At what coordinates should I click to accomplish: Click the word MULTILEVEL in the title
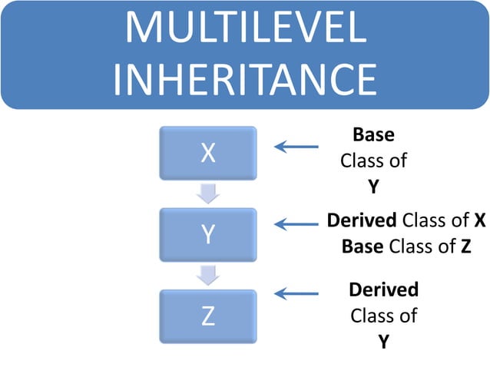(245, 30)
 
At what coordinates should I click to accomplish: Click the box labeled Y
(207, 234)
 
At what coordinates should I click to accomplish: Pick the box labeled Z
(207, 316)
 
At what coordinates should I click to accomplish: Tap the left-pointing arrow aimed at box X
(296, 146)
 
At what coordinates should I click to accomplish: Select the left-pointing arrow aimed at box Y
(296, 225)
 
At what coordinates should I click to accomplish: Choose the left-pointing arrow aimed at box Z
(296, 293)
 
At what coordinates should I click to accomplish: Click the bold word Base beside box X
(373, 135)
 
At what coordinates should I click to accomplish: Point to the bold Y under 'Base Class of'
(374, 186)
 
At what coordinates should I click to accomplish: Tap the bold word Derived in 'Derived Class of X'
(362, 221)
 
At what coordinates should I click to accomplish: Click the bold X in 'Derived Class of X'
(478, 221)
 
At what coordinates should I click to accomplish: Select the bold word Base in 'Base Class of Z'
(363, 246)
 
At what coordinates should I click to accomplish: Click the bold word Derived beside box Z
(383, 290)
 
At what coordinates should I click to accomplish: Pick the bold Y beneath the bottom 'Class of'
(383, 341)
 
